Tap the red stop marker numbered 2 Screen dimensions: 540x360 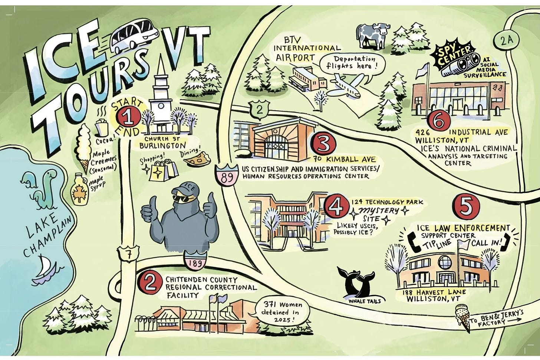pos(151,283)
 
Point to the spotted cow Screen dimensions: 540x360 pos(371,35)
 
